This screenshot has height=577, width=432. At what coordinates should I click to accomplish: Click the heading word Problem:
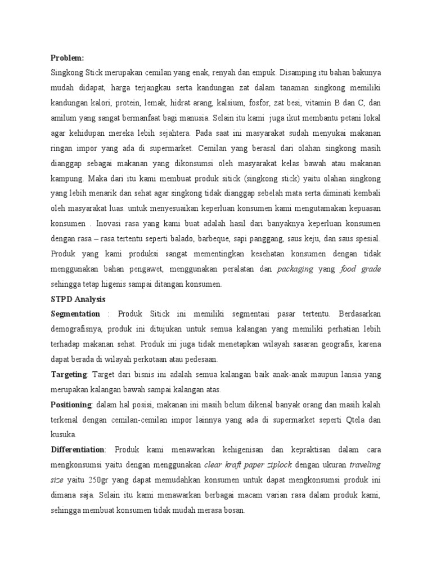(x=67, y=57)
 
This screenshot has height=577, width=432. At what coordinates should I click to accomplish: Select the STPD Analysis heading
(x=78, y=299)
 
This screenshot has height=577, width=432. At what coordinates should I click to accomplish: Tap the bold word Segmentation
(x=75, y=313)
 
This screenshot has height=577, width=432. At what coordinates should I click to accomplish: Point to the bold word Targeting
(x=69, y=374)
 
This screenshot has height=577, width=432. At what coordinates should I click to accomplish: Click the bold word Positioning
(x=71, y=404)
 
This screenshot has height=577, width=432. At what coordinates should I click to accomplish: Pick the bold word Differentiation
(x=78, y=450)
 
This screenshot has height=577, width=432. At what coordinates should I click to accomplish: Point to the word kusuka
(x=63, y=435)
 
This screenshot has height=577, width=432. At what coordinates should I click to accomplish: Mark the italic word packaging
(x=295, y=269)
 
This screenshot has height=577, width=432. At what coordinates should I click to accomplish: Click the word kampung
(x=67, y=178)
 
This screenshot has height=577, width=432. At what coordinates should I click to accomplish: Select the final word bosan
(x=235, y=511)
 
